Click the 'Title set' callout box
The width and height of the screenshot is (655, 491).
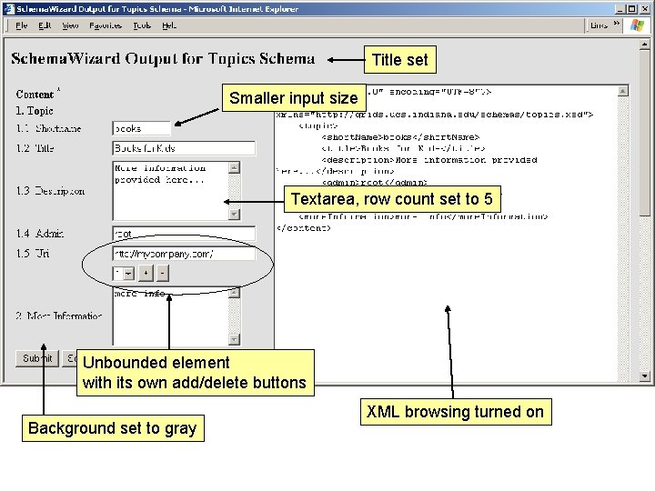click(399, 60)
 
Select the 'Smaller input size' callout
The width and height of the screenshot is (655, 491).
click(294, 98)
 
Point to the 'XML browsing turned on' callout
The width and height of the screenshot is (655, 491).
click(455, 412)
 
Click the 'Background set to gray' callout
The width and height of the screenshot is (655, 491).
click(113, 428)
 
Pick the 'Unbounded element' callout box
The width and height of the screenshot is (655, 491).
click(195, 373)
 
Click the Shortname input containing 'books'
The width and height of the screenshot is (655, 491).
click(141, 128)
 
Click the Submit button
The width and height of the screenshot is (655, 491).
click(37, 358)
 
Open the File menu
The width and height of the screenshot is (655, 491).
click(22, 25)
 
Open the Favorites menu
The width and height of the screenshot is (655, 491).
click(106, 25)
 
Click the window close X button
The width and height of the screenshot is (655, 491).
click(642, 8)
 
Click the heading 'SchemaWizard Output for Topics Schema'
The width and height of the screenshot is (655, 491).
click(163, 59)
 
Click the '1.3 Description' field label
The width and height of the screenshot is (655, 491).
click(51, 191)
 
